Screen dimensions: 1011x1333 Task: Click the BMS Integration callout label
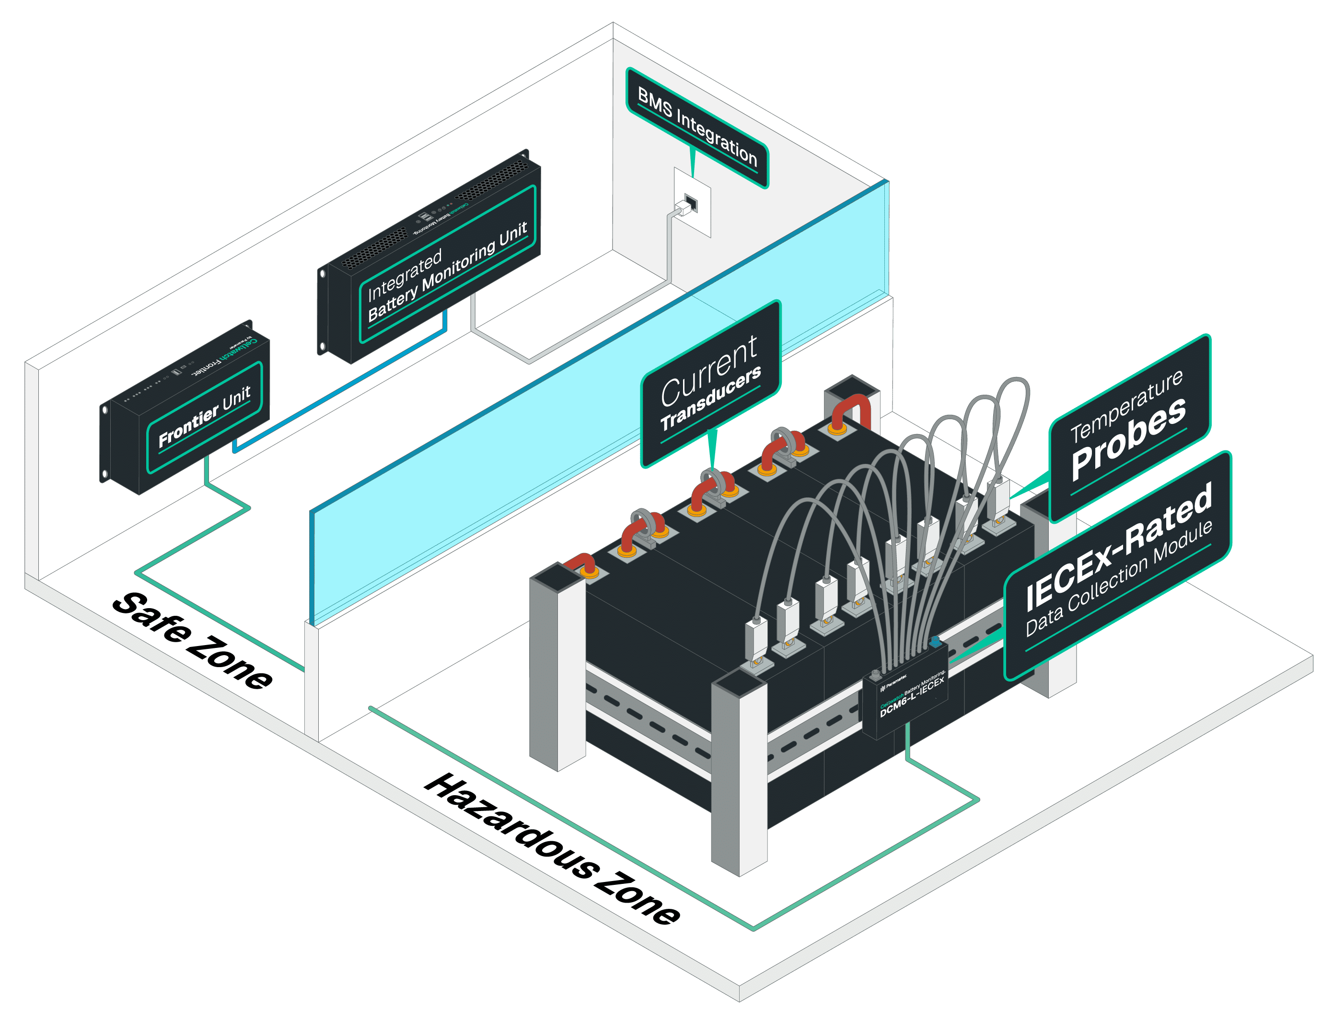697,128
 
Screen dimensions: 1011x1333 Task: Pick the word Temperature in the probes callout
1126,405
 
